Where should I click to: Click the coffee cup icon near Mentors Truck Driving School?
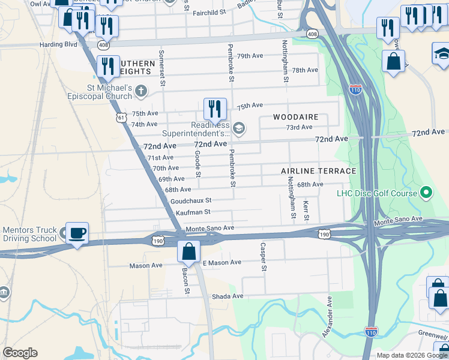[x=77, y=233]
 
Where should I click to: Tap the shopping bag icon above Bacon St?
[x=188, y=251]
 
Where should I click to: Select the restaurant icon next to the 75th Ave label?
[x=215, y=109]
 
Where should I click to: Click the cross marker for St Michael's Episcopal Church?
[x=141, y=92]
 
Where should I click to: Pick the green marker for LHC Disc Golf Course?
[x=426, y=193]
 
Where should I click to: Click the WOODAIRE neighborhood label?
[x=296, y=117]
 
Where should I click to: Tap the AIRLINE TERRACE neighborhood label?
[x=319, y=172]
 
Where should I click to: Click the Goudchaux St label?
[x=191, y=201]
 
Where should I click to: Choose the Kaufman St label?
[x=190, y=212]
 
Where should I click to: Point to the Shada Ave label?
[x=229, y=296]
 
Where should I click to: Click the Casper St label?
[x=263, y=256]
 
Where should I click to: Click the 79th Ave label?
[x=250, y=56]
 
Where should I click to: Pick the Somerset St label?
[x=161, y=69]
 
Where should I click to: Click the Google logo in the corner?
[x=20, y=353]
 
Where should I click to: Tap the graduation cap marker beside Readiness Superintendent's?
[x=238, y=128]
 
